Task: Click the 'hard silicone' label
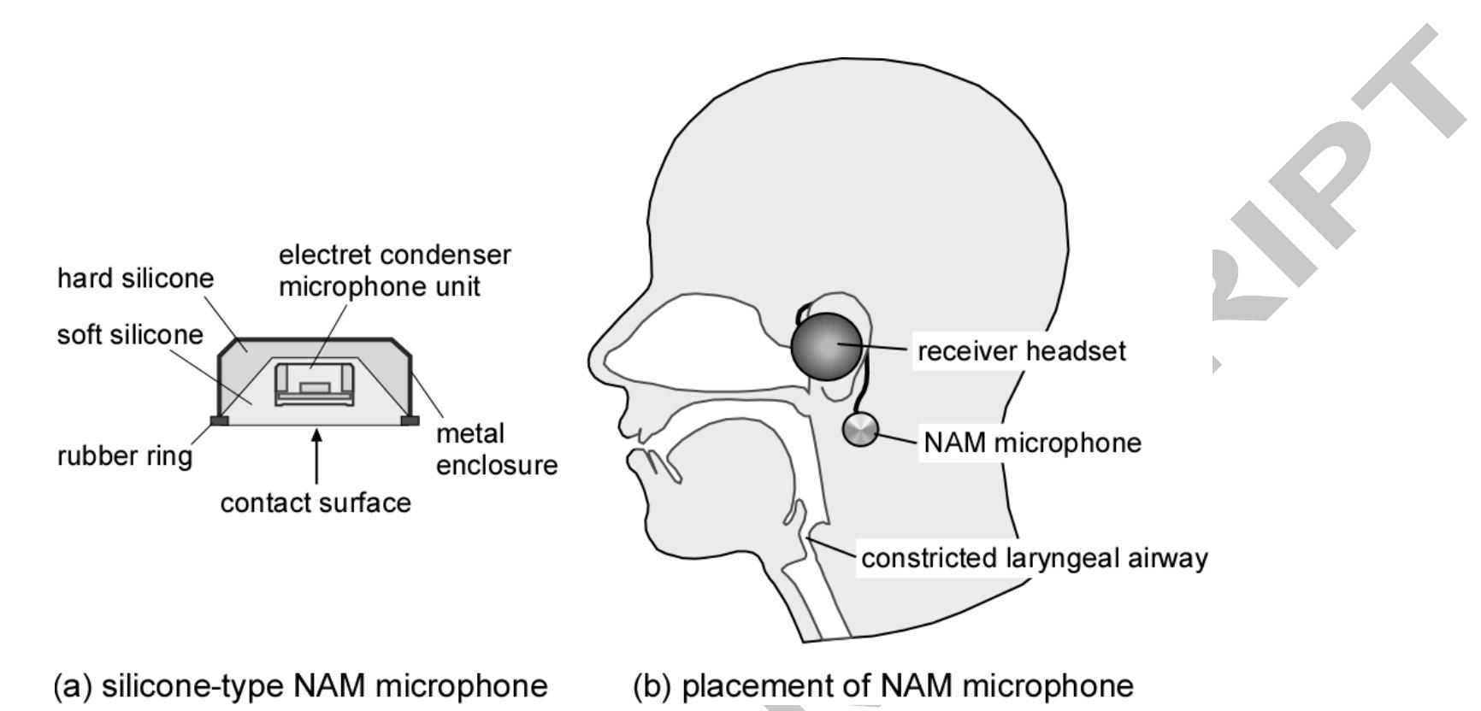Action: click(x=135, y=278)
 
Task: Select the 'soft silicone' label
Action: click(x=130, y=334)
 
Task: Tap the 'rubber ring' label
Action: click(x=125, y=455)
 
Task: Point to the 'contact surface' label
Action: click(x=316, y=502)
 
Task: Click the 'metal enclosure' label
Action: click(x=496, y=450)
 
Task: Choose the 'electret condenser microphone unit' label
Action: click(x=394, y=270)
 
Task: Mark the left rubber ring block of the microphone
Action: click(x=219, y=420)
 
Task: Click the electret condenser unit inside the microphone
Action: click(x=314, y=383)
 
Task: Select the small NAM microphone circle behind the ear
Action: click(x=860, y=430)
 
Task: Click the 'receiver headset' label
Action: click(x=1021, y=351)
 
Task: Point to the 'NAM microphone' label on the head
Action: click(x=1032, y=443)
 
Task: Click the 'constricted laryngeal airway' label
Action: click(x=1034, y=558)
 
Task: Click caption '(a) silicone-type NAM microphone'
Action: click(x=300, y=685)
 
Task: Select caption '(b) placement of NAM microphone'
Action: click(x=882, y=685)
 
